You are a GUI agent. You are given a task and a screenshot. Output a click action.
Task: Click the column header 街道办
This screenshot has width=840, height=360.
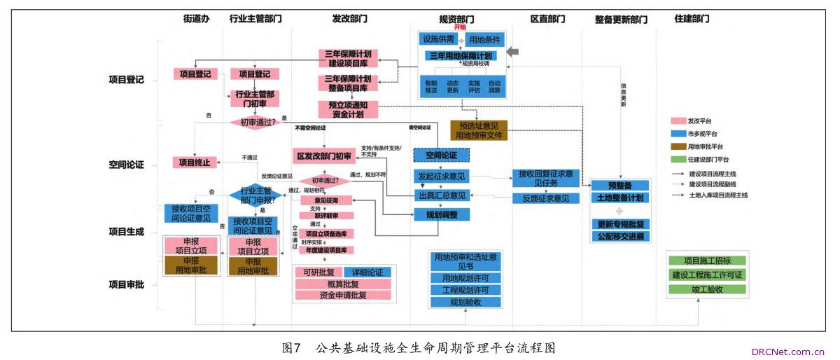point(197,19)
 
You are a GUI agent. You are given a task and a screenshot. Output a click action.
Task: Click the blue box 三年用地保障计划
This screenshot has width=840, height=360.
point(460,55)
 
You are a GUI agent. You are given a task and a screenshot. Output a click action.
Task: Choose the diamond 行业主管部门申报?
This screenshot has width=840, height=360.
point(256,194)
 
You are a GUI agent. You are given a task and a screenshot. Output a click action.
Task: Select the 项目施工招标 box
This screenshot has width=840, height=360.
point(707,261)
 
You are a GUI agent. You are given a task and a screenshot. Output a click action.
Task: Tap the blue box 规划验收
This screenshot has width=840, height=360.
point(465,303)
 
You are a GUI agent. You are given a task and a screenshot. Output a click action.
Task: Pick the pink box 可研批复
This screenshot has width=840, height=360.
point(318,272)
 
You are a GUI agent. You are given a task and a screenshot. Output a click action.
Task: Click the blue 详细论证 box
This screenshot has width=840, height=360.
point(367,272)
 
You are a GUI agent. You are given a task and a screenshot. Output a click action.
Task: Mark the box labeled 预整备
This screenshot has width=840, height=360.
point(620,186)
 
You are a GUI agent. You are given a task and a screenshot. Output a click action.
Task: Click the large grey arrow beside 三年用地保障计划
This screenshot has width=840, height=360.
point(513,53)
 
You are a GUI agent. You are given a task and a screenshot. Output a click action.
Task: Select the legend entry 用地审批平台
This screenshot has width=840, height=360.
point(705,146)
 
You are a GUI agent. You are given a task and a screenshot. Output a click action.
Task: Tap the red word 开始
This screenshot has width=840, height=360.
point(460,27)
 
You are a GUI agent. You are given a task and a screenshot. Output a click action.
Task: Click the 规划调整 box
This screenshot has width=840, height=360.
point(442,214)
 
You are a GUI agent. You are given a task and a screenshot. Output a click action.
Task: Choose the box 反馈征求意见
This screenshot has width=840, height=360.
point(545,199)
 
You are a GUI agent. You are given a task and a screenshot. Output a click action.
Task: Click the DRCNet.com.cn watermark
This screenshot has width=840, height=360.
point(789,352)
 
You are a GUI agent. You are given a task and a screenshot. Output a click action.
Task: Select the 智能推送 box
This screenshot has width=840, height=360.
point(431,86)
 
